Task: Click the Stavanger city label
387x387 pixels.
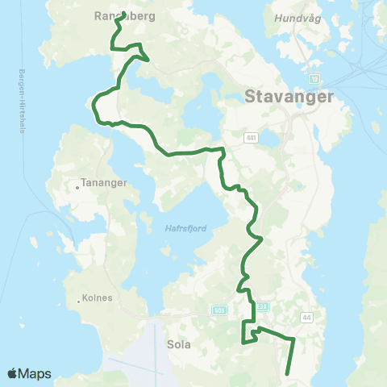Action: coord(287,98)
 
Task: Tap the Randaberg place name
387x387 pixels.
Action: coord(124,15)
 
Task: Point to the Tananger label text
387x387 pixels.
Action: coord(105,183)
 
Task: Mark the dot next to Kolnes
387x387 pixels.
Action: coord(79,302)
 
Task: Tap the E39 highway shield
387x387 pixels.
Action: coord(262,306)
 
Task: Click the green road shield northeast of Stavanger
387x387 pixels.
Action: coord(314,79)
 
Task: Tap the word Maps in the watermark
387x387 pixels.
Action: coord(35,373)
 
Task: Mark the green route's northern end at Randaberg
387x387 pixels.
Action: coord(124,13)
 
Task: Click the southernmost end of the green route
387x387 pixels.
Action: coord(288,372)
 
